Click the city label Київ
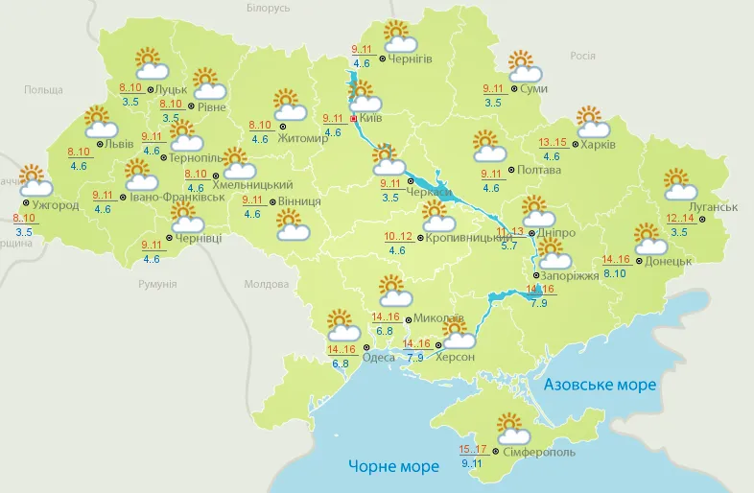[x=371, y=118]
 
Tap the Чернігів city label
[x=411, y=59]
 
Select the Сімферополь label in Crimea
[x=538, y=451]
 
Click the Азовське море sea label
[x=600, y=385]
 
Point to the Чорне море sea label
[x=393, y=466]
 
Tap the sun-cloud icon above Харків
[x=592, y=122]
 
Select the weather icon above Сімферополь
[x=508, y=427]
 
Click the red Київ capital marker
[x=354, y=118]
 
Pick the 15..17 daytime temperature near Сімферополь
[x=472, y=449]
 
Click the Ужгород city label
[x=55, y=205]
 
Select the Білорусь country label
[x=268, y=9]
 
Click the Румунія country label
[x=157, y=285]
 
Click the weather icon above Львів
[x=100, y=122]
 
